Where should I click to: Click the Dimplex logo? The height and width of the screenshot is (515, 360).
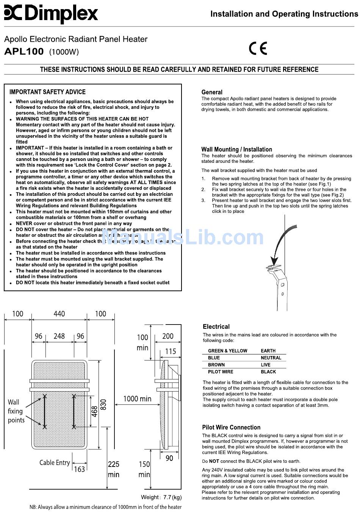[51, 14]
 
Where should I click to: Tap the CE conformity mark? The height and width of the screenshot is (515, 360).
[258, 48]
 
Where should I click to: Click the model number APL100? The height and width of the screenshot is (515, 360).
[24, 51]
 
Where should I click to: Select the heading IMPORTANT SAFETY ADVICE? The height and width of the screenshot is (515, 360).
[47, 92]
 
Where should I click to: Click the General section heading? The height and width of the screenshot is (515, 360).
[212, 92]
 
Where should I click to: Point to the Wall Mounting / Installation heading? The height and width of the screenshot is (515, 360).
[236, 149]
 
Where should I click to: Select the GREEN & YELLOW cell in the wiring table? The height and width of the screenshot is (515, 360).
[227, 351]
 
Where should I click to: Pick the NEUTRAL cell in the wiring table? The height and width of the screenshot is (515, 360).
[271, 357]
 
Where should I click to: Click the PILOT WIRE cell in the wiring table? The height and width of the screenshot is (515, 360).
[221, 371]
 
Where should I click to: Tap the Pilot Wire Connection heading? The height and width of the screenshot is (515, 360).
[231, 427]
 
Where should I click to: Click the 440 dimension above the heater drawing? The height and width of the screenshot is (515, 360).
[59, 314]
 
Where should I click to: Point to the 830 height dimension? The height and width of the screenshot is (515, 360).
[103, 404]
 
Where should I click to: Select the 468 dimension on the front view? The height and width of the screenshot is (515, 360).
[94, 411]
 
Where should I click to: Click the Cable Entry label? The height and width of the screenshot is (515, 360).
[55, 462]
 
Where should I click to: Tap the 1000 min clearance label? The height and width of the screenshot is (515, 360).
[137, 398]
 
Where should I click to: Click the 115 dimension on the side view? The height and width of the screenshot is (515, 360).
[171, 351]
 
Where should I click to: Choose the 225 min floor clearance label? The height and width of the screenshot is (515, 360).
[114, 469]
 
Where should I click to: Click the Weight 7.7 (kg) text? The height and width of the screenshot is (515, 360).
[161, 497]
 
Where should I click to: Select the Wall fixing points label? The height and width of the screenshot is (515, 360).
[16, 411]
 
